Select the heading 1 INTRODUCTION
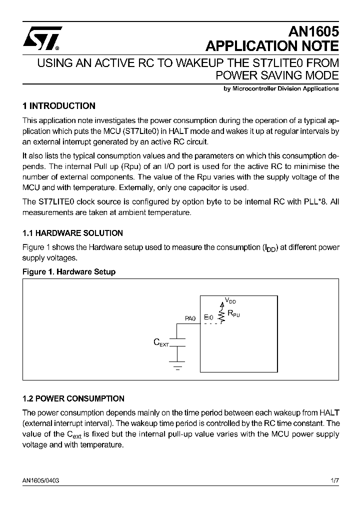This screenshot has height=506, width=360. [58, 106]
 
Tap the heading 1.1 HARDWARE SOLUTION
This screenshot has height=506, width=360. [72, 233]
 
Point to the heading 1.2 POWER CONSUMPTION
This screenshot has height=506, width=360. [73, 398]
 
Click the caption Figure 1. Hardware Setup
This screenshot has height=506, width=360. [69, 272]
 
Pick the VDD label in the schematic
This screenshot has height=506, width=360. [230, 301]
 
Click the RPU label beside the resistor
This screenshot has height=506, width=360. [233, 314]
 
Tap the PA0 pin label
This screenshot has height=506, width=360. [190, 318]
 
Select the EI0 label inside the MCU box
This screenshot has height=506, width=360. [208, 317]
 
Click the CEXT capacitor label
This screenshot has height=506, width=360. [161, 343]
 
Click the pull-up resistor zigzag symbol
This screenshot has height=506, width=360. [221, 313]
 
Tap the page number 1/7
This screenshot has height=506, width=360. [334, 480]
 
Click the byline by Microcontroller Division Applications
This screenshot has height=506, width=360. [281, 88]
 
